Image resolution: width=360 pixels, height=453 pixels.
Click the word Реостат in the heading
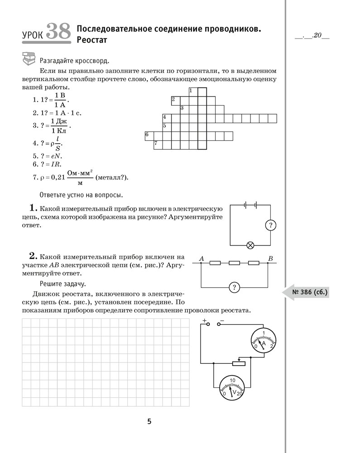94,40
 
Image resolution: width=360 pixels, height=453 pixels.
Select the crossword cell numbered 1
193,91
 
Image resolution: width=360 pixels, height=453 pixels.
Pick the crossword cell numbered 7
158,145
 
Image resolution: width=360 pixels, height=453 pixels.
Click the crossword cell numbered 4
167,118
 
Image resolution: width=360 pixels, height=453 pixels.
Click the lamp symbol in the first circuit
250,246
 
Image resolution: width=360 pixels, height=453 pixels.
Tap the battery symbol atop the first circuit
250,205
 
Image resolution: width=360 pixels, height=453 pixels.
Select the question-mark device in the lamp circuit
270,225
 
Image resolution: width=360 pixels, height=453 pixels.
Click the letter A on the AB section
201,259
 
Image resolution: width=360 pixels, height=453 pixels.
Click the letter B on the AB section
270,259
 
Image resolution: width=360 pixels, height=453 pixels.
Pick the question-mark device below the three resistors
234,287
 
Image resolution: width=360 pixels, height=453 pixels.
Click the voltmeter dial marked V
232,388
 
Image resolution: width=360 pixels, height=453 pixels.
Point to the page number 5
149,422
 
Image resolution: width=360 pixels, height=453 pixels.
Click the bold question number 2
32,255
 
